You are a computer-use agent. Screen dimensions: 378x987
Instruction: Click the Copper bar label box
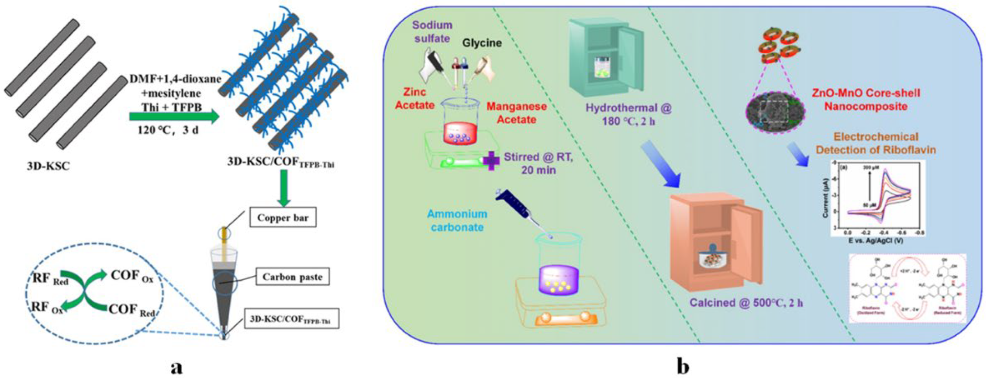pos(283,218)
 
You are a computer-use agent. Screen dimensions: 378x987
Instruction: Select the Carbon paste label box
pos(292,277)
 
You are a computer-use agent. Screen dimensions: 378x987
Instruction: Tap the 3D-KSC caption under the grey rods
pos(48,166)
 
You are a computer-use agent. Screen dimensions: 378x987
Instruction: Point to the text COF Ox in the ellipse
pos(131,276)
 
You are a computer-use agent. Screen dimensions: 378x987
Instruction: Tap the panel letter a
pos(176,366)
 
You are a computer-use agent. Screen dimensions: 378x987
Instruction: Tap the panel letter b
pos(683,366)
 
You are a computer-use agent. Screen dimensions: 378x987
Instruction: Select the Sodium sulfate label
pos(432,32)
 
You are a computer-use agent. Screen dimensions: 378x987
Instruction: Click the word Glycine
pos(482,43)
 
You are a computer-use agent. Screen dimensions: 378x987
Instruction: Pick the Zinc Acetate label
pos(414,99)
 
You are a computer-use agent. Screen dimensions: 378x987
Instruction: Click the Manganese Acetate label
pos(516,113)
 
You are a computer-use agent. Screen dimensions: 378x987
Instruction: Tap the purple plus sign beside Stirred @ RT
pos(491,160)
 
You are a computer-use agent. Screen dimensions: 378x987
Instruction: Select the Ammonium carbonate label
pos(457,221)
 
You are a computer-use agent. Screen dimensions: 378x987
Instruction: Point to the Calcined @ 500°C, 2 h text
pos(746,303)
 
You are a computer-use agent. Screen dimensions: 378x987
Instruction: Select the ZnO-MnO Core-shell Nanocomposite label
pos(866,100)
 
